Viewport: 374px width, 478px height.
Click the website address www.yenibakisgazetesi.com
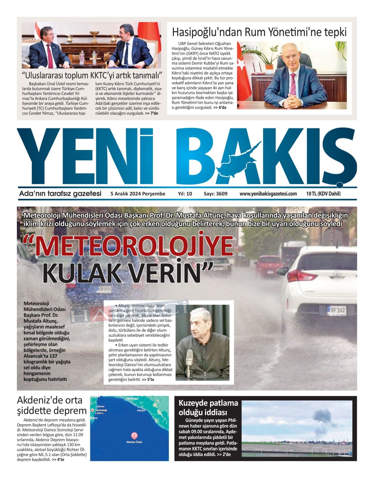(268, 194)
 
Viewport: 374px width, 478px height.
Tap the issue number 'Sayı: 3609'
(215, 194)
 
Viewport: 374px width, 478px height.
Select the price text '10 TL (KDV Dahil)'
(323, 194)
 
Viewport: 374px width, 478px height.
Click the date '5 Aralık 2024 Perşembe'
(138, 194)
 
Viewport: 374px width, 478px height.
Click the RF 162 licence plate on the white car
(336, 310)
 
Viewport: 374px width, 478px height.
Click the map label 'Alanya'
(141, 410)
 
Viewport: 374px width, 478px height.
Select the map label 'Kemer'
(100, 406)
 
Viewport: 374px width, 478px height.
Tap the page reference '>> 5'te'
(148, 379)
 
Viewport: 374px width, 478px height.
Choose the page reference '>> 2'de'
(224, 454)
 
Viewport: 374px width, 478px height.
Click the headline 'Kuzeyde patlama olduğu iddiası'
(208, 408)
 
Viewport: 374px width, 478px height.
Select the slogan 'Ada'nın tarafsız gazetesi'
(60, 194)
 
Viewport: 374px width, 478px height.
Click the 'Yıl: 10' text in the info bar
(185, 194)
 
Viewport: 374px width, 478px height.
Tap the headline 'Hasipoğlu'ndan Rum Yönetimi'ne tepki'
(259, 32)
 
